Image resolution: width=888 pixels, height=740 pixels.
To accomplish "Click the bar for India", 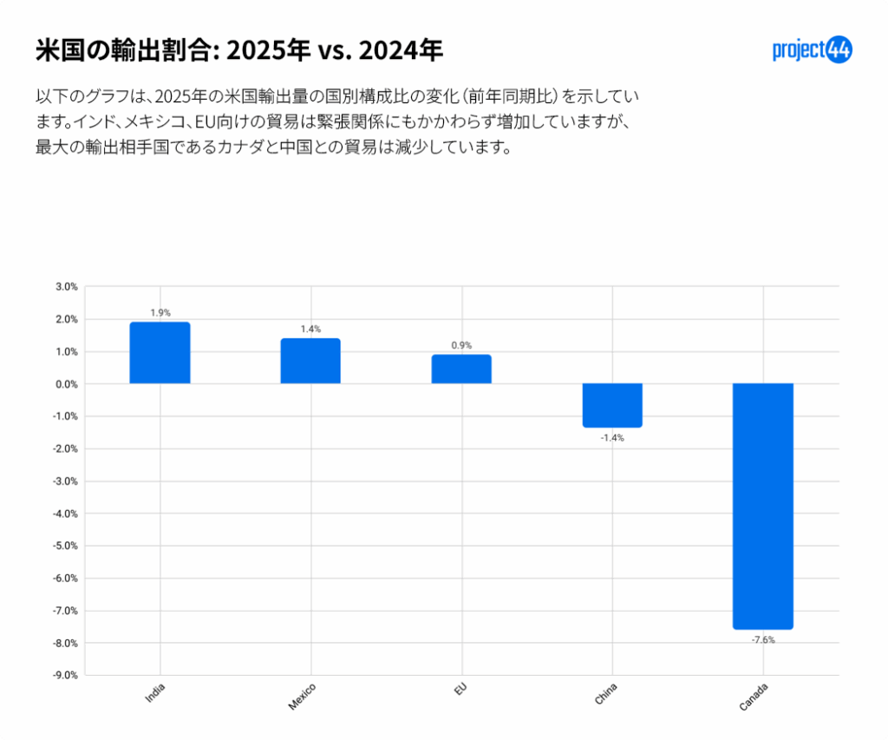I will click(x=160, y=353).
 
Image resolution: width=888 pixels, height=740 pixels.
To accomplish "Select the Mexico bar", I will click(x=310, y=361).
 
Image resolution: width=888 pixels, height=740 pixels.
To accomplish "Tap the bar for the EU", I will click(x=460, y=369).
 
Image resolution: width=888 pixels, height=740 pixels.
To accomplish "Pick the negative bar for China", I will click(x=612, y=405).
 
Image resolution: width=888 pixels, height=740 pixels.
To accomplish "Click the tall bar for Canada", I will click(x=763, y=506).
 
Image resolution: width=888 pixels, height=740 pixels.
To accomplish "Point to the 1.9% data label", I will click(x=160, y=312).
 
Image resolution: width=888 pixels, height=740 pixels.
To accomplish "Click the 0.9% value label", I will click(x=461, y=345).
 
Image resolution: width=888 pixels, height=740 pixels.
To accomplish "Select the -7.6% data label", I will click(x=763, y=640).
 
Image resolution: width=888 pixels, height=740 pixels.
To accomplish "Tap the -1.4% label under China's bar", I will click(x=612, y=438).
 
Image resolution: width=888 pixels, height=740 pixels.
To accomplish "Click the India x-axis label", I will click(x=157, y=693).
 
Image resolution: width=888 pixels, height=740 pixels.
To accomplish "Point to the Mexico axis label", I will click(x=303, y=697).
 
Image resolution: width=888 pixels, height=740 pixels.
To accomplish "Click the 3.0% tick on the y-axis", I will click(x=67, y=286).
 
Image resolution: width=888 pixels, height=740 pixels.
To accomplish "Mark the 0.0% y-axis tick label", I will click(x=67, y=383).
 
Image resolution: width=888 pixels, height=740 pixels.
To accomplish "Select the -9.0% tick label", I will click(x=66, y=675).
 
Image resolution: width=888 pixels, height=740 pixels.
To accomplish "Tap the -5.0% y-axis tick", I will click(x=66, y=546).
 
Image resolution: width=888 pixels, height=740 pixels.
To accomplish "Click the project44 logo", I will click(x=812, y=50).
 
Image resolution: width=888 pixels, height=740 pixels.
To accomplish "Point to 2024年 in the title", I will click(x=401, y=51).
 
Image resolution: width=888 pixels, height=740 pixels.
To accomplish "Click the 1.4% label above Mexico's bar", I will click(x=310, y=329).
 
